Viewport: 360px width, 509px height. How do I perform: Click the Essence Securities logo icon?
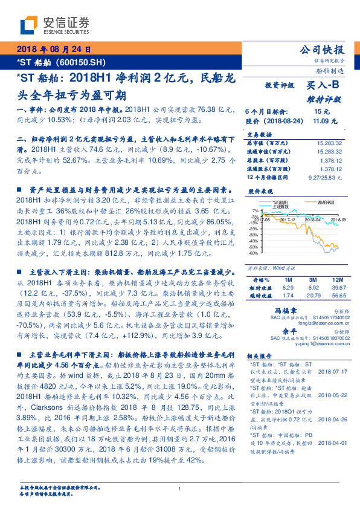click(29, 25)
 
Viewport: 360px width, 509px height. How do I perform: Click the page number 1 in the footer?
click(180, 488)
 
